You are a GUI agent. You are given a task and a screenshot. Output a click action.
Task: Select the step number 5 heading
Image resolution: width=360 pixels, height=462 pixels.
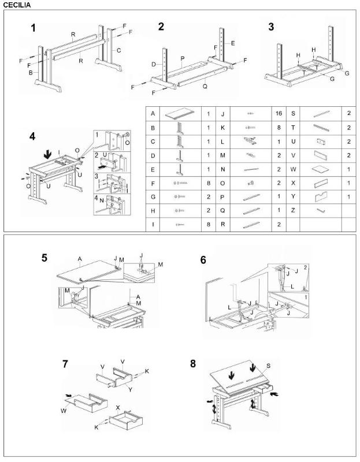tap(44, 258)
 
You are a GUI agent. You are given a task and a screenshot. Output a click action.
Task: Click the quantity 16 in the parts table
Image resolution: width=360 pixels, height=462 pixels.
tap(279, 114)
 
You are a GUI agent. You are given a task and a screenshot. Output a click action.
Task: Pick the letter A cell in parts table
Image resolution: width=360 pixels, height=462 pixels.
tap(152, 114)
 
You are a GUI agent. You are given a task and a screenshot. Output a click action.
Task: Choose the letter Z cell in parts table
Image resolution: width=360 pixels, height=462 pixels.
tap(293, 210)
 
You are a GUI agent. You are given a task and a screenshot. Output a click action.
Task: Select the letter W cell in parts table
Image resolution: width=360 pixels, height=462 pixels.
tap(293, 170)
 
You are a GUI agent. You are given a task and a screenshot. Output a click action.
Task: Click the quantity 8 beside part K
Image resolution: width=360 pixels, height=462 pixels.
tap(279, 127)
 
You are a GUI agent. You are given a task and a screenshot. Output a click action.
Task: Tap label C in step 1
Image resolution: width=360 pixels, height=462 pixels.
tap(118, 50)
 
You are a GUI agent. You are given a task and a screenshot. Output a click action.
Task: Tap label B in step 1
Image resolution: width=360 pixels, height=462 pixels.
tap(31, 73)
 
